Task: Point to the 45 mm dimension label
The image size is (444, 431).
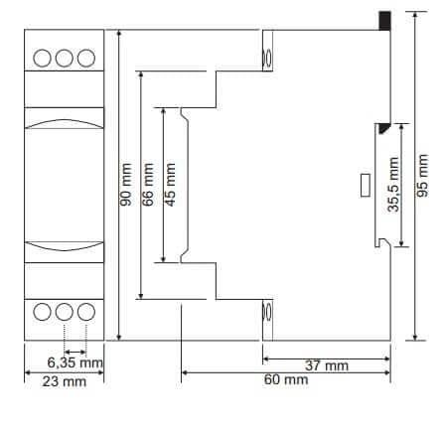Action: pyautogui.click(x=171, y=184)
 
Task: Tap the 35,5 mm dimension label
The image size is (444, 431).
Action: pyautogui.click(x=392, y=185)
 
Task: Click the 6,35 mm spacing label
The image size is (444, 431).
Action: pyautogui.click(x=76, y=362)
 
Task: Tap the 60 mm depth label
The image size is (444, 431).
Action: pyautogui.click(x=284, y=380)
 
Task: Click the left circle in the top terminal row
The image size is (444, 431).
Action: pyautogui.click(x=45, y=58)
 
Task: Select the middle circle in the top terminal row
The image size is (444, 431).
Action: pyautogui.click(x=65, y=58)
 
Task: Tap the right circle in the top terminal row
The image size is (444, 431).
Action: pyautogui.click(x=85, y=58)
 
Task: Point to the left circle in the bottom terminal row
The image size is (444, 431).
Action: pyautogui.click(x=45, y=311)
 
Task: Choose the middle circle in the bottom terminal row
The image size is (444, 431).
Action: pyautogui.click(x=65, y=311)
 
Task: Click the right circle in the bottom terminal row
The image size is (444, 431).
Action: pyautogui.click(x=85, y=311)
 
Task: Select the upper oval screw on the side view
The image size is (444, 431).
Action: pyautogui.click(x=265, y=57)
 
